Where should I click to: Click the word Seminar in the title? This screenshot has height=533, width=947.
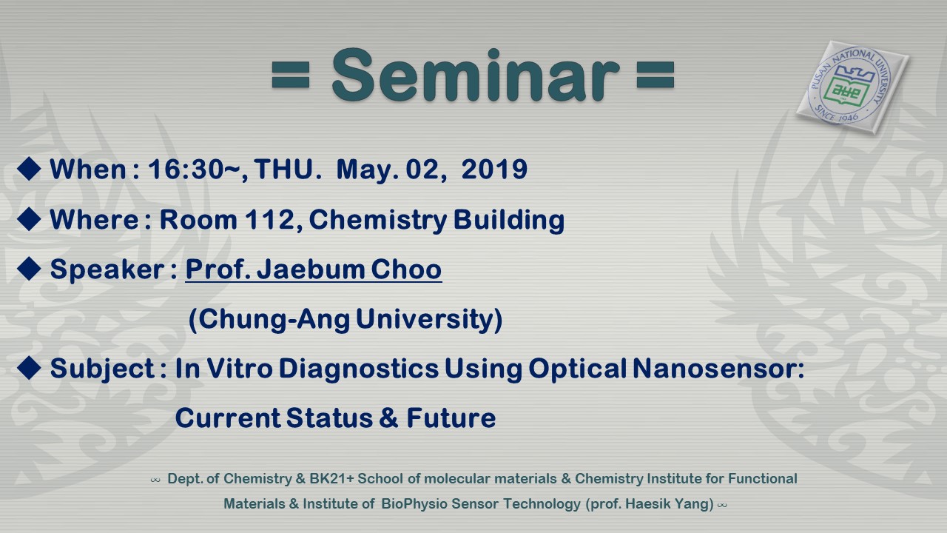(476, 76)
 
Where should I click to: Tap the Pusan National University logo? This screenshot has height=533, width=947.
(852, 87)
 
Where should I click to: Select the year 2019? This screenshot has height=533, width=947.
(494, 170)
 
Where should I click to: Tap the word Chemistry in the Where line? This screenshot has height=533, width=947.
(377, 221)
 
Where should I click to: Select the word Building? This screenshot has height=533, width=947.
(508, 221)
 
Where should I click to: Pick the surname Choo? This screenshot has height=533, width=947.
(406, 269)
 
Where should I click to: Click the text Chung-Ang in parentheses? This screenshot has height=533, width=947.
(274, 319)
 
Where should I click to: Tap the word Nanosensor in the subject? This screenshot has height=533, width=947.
(718, 368)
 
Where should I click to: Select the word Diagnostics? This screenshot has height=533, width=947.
(359, 369)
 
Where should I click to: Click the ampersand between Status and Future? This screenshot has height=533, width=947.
(388, 418)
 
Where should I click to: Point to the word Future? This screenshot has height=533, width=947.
(451, 418)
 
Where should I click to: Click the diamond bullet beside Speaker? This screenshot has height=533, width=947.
(29, 269)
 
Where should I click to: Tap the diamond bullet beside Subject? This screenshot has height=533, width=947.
(29, 368)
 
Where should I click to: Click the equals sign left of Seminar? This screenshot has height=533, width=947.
(291, 75)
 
